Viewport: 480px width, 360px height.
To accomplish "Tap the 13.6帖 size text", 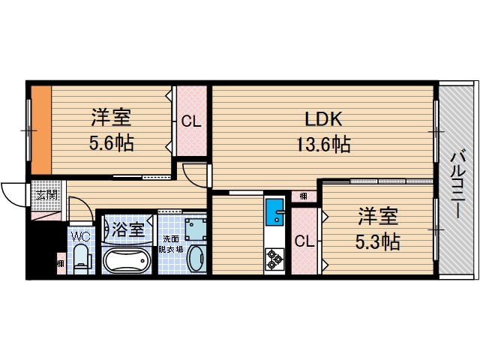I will pyautogui.click(x=322, y=143).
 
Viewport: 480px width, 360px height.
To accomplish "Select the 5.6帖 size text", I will pyautogui.click(x=112, y=142).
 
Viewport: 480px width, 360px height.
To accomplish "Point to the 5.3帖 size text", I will pyautogui.click(x=376, y=241).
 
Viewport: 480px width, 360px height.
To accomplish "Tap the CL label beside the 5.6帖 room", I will pyautogui.click(x=190, y=122).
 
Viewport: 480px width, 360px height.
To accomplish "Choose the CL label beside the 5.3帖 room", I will pyautogui.click(x=304, y=241).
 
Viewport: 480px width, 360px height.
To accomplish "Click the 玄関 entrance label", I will pyautogui.click(x=46, y=195).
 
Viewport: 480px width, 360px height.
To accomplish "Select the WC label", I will pyautogui.click(x=79, y=235).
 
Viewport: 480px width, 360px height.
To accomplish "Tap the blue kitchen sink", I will pyautogui.click(x=274, y=212).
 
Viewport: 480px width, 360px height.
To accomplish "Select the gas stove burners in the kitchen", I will pyautogui.click(x=274, y=259).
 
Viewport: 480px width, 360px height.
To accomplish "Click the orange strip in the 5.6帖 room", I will pyautogui.click(x=41, y=128).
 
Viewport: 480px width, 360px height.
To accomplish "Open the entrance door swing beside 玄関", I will pyautogui.click(x=13, y=195).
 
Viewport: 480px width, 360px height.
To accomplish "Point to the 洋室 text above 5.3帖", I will pyautogui.click(x=376, y=217).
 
